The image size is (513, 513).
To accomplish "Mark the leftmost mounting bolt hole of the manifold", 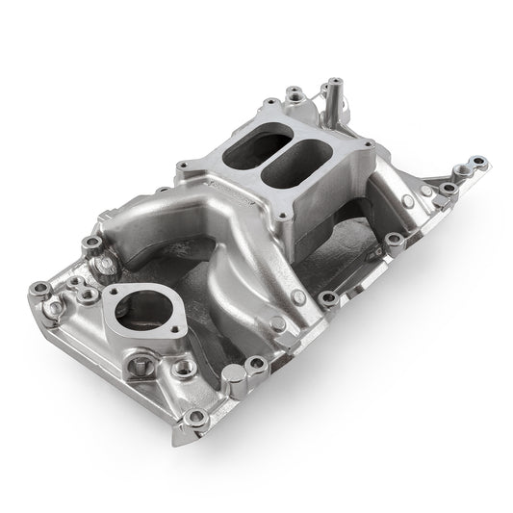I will point(41,288).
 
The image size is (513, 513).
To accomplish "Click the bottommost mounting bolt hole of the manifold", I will point(196,417).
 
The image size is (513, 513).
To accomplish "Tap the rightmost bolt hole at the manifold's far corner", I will point(477,160).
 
